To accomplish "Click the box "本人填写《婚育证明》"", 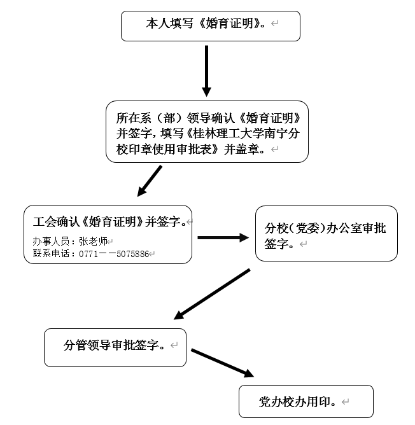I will (210, 25).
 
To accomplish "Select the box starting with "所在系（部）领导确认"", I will (207, 131).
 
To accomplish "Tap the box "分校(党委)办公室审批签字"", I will (326, 233).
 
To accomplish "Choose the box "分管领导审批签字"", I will (115, 347).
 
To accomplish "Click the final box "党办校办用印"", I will (306, 401).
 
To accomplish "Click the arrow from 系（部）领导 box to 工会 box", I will (150, 181).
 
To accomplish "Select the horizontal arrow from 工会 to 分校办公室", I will (223, 238).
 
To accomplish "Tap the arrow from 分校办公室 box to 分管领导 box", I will (211, 293).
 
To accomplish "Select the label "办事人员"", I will (52, 242).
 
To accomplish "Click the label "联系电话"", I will (52, 254).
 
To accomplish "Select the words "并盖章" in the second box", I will (245, 149).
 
